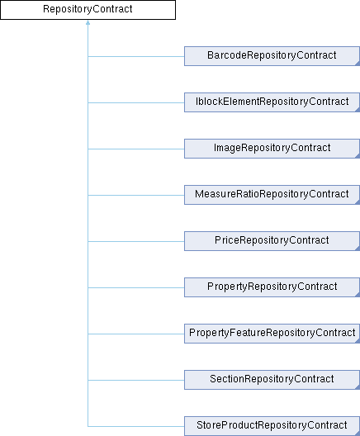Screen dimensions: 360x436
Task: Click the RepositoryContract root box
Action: tap(88, 10)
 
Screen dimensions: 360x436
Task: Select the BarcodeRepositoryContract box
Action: tap(272, 56)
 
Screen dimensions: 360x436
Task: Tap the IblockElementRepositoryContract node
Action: tap(272, 102)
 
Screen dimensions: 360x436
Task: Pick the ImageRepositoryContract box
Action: tap(272, 149)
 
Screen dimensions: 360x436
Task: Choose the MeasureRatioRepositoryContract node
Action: tap(272, 195)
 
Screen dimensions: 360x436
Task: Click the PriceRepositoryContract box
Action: tap(272, 241)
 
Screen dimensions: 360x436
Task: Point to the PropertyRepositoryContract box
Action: tap(272, 287)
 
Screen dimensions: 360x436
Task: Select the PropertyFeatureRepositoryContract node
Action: tap(272, 334)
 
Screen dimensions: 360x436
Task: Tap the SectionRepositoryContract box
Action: tap(272, 380)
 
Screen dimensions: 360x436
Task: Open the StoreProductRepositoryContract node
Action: tap(272, 426)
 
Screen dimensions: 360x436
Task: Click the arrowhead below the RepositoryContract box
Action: tap(88, 23)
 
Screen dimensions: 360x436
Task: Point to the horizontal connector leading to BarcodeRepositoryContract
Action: tap(136, 56)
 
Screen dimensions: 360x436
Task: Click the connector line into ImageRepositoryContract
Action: tap(136, 149)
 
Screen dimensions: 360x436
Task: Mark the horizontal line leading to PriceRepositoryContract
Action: tap(136, 241)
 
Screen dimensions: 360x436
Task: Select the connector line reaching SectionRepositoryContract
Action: tap(136, 380)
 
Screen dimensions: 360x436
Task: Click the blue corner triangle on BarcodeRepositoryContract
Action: tap(358, 64)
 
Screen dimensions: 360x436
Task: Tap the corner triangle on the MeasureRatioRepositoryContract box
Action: tap(358, 202)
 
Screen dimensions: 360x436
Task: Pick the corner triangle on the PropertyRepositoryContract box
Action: tap(358, 295)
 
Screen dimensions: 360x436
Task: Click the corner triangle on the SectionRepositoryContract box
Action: tap(358, 387)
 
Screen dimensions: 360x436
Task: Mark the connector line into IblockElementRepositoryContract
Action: tap(136, 102)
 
